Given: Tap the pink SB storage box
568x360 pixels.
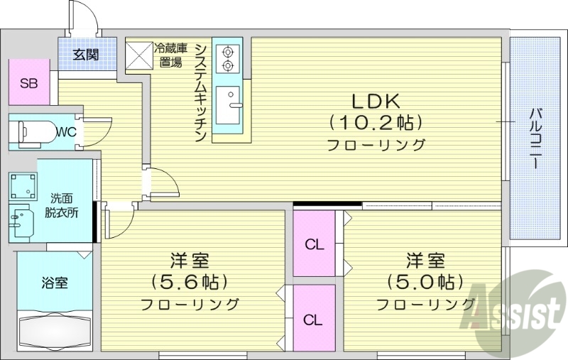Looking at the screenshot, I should pyautogui.click(x=28, y=83).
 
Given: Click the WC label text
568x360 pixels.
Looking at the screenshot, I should pyautogui.click(x=66, y=131).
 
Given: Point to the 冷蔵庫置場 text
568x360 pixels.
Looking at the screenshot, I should pyautogui.click(x=171, y=55).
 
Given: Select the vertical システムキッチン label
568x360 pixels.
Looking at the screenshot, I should pyautogui.click(x=201, y=91).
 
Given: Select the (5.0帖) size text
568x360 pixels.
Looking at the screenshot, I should pyautogui.click(x=425, y=282).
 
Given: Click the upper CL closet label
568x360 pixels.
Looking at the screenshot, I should pyautogui.click(x=315, y=246).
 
